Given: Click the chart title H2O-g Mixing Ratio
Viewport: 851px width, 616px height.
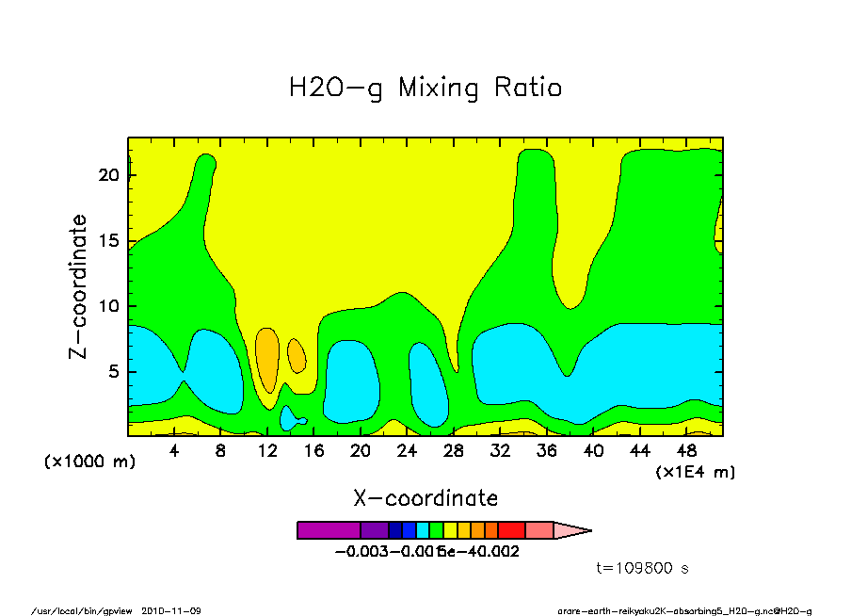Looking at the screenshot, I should (425, 89).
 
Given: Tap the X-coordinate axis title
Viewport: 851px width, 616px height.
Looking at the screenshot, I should (425, 498).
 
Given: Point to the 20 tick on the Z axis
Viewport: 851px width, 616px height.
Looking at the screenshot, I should (109, 175).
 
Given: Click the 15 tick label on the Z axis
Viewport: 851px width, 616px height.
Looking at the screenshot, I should (109, 241).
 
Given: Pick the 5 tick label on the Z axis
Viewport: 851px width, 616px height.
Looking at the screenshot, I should (114, 372).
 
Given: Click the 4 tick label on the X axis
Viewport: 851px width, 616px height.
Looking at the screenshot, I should (174, 451).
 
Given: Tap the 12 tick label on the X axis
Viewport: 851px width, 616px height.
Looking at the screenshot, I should (266, 451).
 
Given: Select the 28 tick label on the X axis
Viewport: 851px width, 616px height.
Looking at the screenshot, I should (453, 451).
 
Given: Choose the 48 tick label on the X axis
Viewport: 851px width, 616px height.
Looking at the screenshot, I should (685, 451).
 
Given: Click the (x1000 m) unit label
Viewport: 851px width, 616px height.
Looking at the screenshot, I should (85, 462).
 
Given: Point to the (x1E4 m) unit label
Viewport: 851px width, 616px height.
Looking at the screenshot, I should (695, 471).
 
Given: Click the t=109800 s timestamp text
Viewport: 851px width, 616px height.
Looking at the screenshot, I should (643, 568).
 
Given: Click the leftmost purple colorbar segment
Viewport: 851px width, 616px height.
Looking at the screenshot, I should (328, 530).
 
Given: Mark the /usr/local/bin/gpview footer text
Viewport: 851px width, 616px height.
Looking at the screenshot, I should (85, 610).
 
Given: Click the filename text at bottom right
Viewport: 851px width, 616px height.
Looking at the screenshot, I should (684, 610).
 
